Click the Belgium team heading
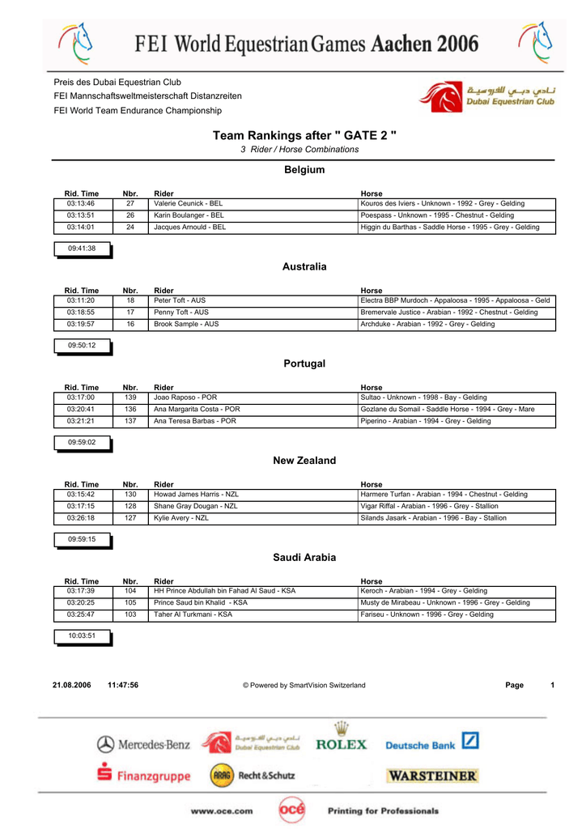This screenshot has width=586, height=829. [304, 170]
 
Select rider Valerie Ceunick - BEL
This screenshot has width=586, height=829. [189, 204]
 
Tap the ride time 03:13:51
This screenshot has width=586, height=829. [81, 216]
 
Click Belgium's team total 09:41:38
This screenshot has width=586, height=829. [82, 249]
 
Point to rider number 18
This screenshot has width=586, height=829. [130, 300]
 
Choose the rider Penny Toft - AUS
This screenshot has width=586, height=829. [181, 312]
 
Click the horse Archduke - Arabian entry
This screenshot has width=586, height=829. [427, 325]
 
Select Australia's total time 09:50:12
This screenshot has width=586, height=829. [82, 346]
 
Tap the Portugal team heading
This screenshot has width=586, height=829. [304, 363]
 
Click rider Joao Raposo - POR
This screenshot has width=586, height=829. [185, 397]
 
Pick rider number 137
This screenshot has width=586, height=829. [130, 421]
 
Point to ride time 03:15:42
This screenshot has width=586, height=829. [81, 494]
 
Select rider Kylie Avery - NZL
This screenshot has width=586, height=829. [181, 518]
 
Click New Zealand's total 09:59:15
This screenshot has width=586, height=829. [82, 539]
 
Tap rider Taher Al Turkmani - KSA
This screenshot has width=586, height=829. [193, 615]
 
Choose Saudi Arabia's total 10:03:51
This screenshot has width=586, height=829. [82, 636]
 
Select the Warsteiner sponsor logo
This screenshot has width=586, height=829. [432, 776]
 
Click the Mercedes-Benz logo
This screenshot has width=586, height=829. [144, 744]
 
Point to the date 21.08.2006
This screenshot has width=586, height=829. [72, 686]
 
